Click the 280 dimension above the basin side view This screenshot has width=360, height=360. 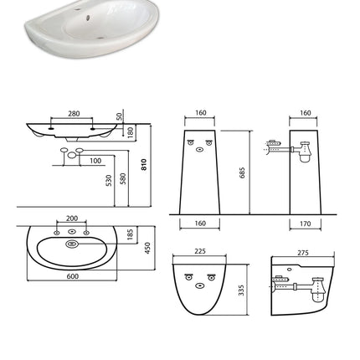pyautogui.click(x=74, y=114)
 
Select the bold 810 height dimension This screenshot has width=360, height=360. pyautogui.click(x=145, y=164)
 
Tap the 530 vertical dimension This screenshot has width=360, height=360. pyautogui.click(x=109, y=179)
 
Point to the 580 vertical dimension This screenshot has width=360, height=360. pyautogui.click(x=122, y=179)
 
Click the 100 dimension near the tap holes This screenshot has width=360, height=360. pyautogui.click(x=95, y=161)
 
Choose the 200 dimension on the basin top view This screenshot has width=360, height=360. pyautogui.click(x=72, y=217)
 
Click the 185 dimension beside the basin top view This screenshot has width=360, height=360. pyautogui.click(x=131, y=235)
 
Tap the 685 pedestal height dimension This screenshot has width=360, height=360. pyautogui.click(x=242, y=172)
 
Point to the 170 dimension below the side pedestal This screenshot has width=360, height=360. pyautogui.click(x=305, y=224)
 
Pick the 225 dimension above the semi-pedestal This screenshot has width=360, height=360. pyautogui.click(x=200, y=251)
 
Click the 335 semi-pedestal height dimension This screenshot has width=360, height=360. pyautogui.click(x=242, y=289)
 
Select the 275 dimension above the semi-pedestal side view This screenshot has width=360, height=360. pyautogui.click(x=303, y=251)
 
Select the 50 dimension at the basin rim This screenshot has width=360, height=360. pyautogui.click(x=119, y=116)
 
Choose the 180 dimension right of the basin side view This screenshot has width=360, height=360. pyautogui.click(x=131, y=131)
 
